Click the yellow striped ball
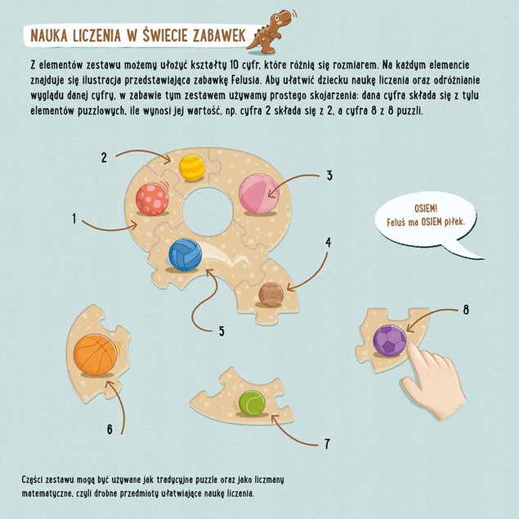[191, 168]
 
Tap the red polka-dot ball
[152, 199]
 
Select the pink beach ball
[259, 194]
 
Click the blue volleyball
[185, 255]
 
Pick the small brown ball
[271, 294]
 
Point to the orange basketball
[96, 355]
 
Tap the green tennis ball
[252, 403]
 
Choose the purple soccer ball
[390, 341]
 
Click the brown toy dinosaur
[270, 32]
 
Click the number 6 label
[110, 429]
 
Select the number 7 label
[327, 444]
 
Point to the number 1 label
[74, 218]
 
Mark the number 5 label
[221, 331]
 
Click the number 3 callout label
[329, 176]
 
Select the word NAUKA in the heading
[49, 36]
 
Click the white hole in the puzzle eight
[208, 212]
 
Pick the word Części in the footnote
[32, 480]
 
